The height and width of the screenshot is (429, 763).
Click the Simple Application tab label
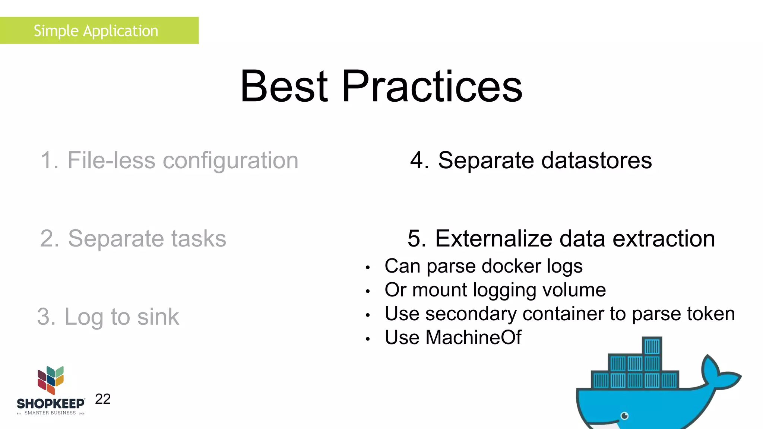tap(96, 31)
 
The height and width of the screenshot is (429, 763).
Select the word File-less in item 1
tap(111, 161)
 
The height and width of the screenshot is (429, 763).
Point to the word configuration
tap(231, 161)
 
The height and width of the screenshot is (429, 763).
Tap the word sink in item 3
tap(158, 317)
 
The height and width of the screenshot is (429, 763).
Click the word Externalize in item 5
tap(494, 239)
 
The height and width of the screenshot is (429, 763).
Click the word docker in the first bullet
tap(511, 267)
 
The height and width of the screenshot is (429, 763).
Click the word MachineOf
tap(473, 338)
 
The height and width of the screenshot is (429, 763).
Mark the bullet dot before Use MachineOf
tap(368, 339)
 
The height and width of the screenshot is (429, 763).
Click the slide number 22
tap(103, 399)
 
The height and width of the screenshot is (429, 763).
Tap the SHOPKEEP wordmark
tap(51, 404)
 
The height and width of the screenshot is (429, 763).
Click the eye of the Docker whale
tap(625, 416)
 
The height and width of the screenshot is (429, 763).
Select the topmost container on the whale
tap(652, 346)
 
